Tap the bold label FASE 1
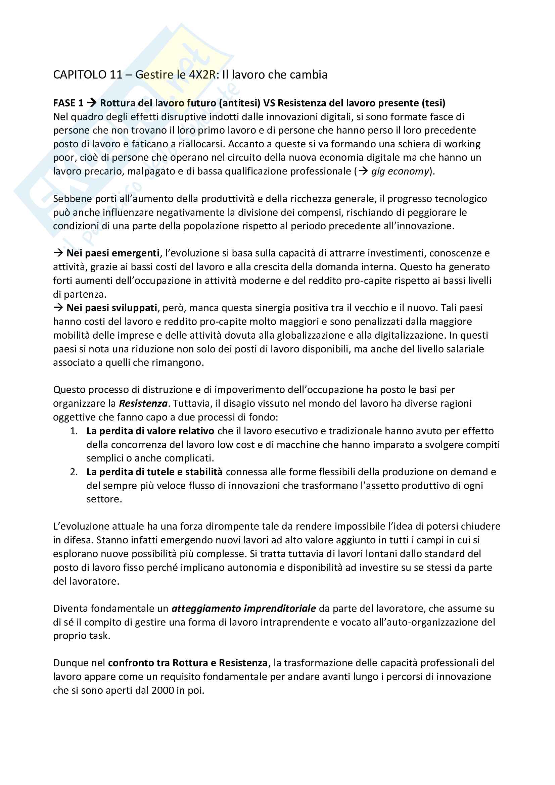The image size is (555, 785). pyautogui.click(x=68, y=103)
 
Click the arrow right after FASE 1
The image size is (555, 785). pyautogui.click(x=91, y=103)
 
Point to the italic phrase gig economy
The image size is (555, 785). pyautogui.click(x=400, y=171)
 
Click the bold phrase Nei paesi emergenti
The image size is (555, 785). pyautogui.click(x=113, y=253)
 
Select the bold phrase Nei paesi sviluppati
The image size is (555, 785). pyautogui.click(x=112, y=308)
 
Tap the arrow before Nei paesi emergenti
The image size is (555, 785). pyautogui.click(x=58, y=253)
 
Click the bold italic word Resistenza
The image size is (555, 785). pyautogui.click(x=143, y=403)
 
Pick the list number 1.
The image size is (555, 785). pyautogui.click(x=74, y=431)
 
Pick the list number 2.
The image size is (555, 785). pyautogui.click(x=74, y=472)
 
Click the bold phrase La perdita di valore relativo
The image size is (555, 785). pyautogui.click(x=150, y=431)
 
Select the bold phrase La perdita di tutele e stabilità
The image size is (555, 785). pyautogui.click(x=154, y=472)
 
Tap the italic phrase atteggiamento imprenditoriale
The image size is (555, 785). pyautogui.click(x=243, y=608)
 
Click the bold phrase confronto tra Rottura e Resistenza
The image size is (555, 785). pyautogui.click(x=187, y=663)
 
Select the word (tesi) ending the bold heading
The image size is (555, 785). pyautogui.click(x=433, y=103)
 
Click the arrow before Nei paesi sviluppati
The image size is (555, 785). pyautogui.click(x=58, y=308)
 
